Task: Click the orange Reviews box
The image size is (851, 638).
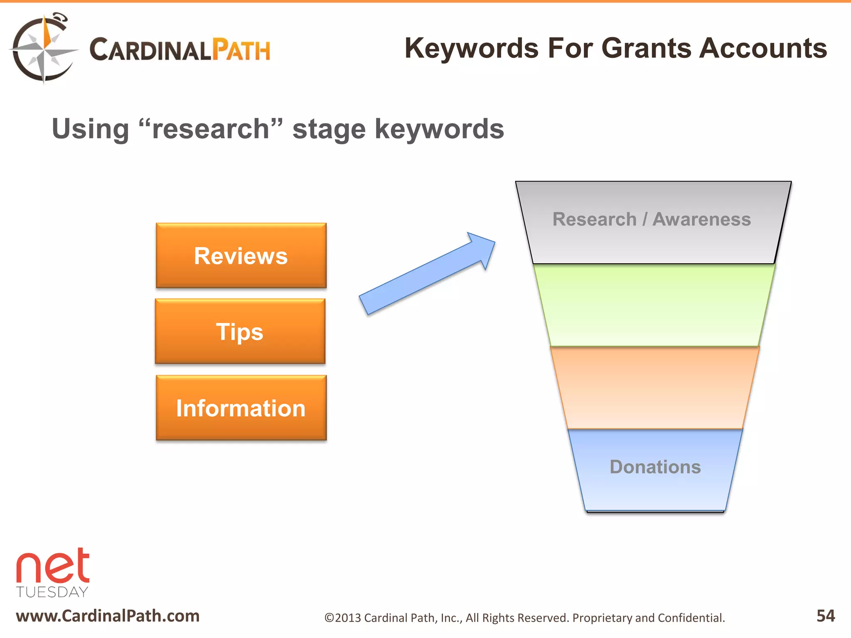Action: point(241,255)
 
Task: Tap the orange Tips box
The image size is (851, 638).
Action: point(240,331)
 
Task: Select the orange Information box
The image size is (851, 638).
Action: point(241,408)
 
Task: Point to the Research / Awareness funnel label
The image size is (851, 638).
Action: point(652,219)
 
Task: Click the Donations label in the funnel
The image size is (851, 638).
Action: point(655,467)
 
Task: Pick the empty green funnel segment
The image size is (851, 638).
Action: point(654,305)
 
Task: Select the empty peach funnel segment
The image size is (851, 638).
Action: point(655,388)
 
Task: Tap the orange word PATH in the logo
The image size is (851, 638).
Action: point(241,50)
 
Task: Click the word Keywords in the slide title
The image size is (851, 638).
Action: point(472,48)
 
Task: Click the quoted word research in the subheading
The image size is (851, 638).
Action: point(211,129)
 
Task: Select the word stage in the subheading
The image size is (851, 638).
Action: point(329,130)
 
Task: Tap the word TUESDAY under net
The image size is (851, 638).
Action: point(52,592)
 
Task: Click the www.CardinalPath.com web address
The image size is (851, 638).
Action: point(108,616)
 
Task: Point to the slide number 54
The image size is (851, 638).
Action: point(825,616)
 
